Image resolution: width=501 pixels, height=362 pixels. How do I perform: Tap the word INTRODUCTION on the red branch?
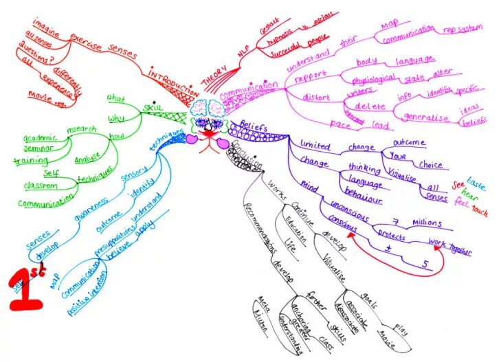pos(170,82)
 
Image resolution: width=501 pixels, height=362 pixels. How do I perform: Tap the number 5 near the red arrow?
pos(425,264)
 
